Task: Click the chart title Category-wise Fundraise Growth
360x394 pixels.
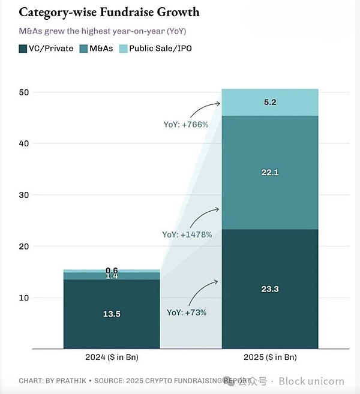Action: point(110,12)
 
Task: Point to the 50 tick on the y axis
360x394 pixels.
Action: point(24,92)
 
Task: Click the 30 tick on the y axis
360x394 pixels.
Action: point(24,195)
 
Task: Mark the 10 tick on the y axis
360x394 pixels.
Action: point(24,297)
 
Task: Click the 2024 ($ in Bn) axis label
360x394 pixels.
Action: point(112,357)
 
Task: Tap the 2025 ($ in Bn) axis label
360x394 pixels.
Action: point(270,357)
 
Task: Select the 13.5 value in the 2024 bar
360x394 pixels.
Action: point(112,313)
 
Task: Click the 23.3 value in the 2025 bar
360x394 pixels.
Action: point(270,289)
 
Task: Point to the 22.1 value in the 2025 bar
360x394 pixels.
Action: point(270,173)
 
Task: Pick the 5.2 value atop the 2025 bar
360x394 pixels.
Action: point(270,103)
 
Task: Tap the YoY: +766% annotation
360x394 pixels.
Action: point(186,125)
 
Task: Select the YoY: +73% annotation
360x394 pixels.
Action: point(187,312)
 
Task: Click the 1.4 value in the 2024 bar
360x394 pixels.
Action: point(112,276)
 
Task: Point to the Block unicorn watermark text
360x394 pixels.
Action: point(311,381)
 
